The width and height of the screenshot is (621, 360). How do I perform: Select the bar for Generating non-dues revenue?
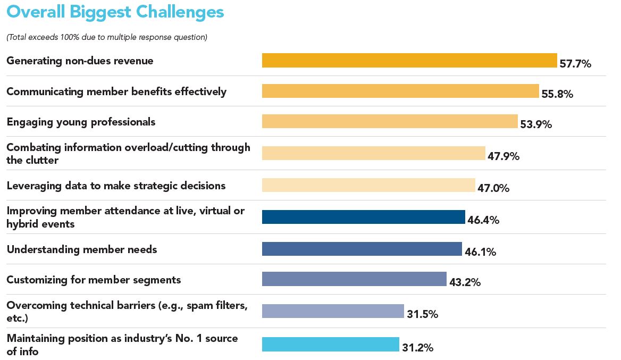(x=409, y=61)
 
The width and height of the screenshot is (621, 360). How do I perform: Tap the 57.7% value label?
(x=575, y=64)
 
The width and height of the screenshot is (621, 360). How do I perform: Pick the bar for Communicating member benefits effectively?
(x=400, y=91)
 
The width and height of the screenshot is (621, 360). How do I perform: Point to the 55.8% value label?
(x=557, y=95)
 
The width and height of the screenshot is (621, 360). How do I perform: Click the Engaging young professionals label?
(x=81, y=122)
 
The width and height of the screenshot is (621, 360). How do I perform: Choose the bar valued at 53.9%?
(x=389, y=121)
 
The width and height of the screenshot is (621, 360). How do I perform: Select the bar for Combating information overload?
(x=373, y=153)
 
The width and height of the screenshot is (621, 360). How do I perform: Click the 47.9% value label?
(x=503, y=156)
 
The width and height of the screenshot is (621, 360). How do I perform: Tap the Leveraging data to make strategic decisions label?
(x=116, y=186)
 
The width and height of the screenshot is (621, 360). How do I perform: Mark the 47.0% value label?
(x=493, y=188)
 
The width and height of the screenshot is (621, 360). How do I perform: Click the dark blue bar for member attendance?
(x=363, y=217)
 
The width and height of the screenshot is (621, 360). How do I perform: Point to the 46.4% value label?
(x=483, y=220)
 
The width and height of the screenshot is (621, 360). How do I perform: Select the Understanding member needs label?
(x=82, y=249)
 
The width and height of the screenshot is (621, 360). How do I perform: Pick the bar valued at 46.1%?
(x=362, y=249)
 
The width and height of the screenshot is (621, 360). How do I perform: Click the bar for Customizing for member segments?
(x=354, y=279)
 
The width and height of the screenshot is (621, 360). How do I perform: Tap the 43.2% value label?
(x=465, y=282)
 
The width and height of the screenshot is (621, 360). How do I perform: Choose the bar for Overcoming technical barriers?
(x=333, y=311)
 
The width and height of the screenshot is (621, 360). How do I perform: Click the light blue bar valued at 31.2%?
(x=330, y=344)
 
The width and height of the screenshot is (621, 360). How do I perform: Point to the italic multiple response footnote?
(x=107, y=37)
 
